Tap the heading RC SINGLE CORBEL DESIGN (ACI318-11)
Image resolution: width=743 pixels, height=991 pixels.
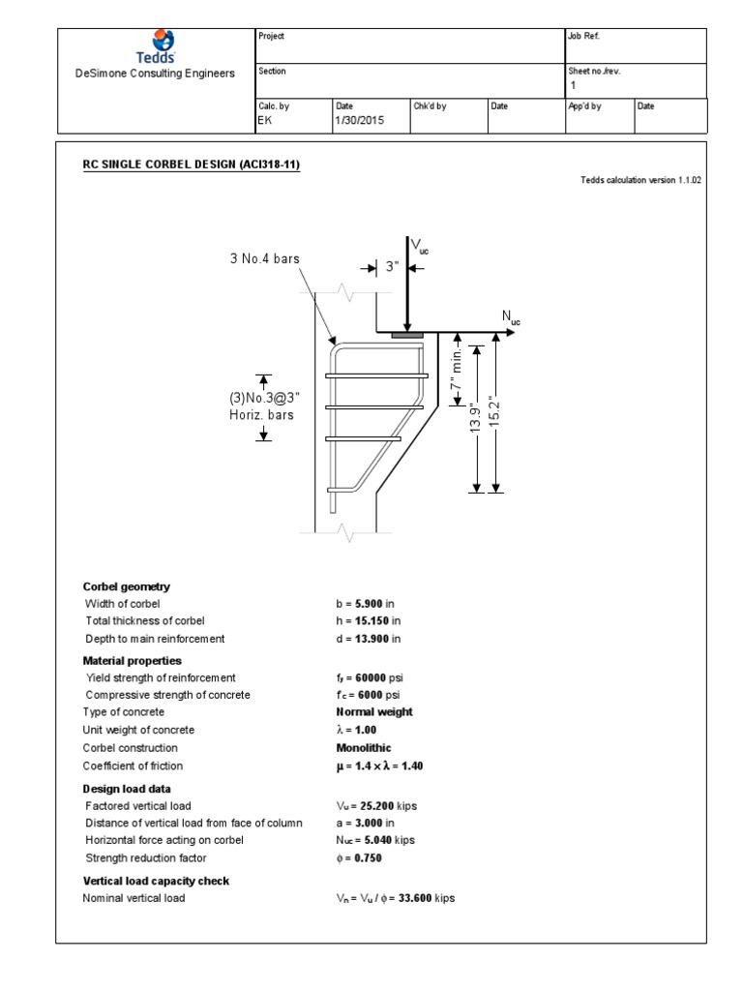pos(192,165)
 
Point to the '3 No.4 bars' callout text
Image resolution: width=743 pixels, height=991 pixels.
pos(265,259)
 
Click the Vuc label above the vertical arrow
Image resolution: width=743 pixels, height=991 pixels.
pos(421,248)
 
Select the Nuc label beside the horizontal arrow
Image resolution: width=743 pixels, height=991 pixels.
pos(510,317)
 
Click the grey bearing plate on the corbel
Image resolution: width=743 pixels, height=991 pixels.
pos(407,335)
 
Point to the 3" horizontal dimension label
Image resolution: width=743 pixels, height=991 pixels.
pos(392,266)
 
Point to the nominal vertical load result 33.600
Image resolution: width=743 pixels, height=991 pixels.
pos(411,898)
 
